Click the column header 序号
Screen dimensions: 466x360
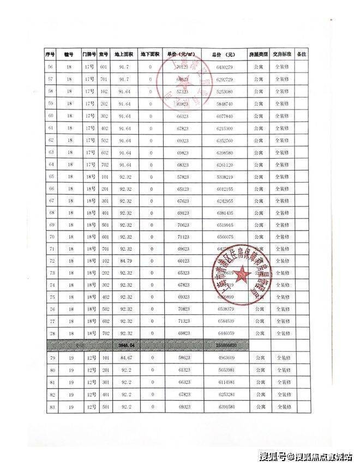tap(50, 55)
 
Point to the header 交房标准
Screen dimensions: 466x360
tap(283, 55)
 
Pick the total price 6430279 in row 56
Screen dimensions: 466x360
tap(224, 67)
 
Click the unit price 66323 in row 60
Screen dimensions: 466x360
tap(184, 116)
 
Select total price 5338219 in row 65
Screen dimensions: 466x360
tap(224, 177)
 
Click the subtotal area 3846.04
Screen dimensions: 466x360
tap(126, 346)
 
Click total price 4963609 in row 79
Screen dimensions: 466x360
tap(224, 358)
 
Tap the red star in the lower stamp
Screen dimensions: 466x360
tap(243, 274)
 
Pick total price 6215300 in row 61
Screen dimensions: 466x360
tap(224, 128)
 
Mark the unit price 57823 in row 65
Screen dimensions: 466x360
tap(184, 177)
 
